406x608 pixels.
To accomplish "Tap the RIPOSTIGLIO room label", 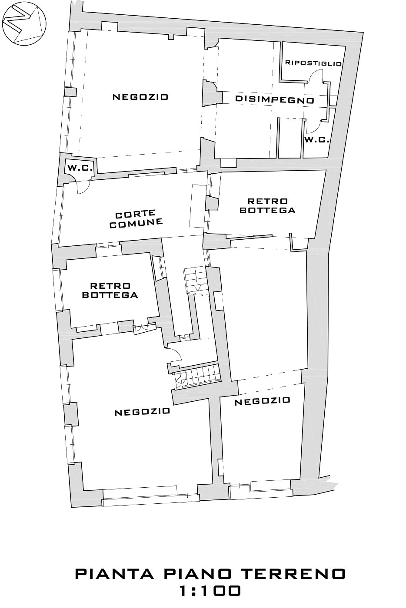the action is pos(313,63).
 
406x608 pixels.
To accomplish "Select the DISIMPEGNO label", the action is pos(274,99).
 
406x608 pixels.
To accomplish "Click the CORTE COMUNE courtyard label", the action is pos(136,219).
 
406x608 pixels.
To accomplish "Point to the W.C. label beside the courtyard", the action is pos(80,168).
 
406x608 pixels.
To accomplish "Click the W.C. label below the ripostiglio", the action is pos(317,140).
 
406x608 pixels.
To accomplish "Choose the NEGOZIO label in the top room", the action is pos(140,97).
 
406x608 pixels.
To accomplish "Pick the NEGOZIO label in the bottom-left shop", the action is pos(143,412).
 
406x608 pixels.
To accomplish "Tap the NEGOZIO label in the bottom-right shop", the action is pos(262,401).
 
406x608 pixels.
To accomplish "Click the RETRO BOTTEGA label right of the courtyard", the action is pos(267,205).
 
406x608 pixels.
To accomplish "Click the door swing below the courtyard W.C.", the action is pos(83,187).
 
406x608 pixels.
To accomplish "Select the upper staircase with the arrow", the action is pos(196,280).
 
